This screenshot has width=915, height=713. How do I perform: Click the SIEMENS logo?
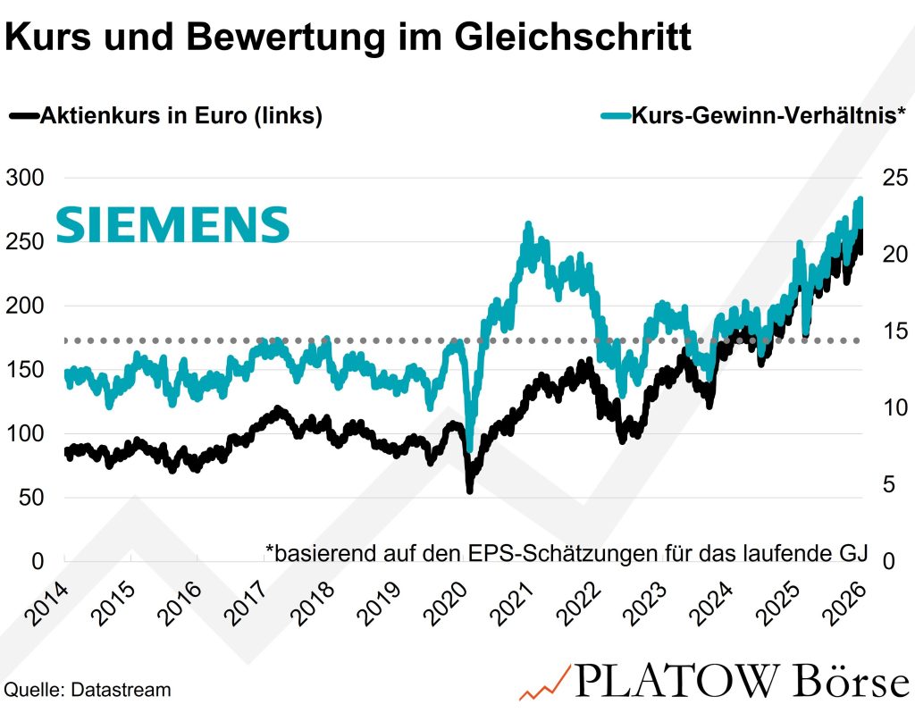(172, 224)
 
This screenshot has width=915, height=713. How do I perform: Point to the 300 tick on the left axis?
(25, 178)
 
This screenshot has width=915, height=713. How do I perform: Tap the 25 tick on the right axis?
(894, 178)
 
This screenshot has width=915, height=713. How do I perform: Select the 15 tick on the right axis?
(894, 331)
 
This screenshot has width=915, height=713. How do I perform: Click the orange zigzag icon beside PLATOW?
(544, 683)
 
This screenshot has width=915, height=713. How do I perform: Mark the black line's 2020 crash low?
(470, 489)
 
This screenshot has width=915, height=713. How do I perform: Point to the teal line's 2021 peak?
(528, 226)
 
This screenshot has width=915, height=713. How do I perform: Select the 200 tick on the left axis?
(25, 306)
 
